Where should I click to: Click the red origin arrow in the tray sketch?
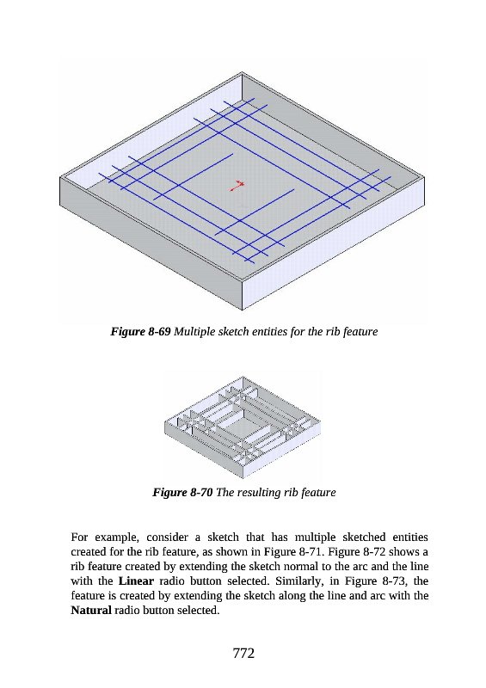(x=237, y=186)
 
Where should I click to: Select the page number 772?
(x=243, y=653)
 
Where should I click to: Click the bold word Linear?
(x=136, y=581)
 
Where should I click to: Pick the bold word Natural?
(x=91, y=611)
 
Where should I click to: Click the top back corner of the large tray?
(x=242, y=72)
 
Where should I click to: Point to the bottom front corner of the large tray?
(x=243, y=310)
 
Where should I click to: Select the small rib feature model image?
(x=243, y=427)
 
